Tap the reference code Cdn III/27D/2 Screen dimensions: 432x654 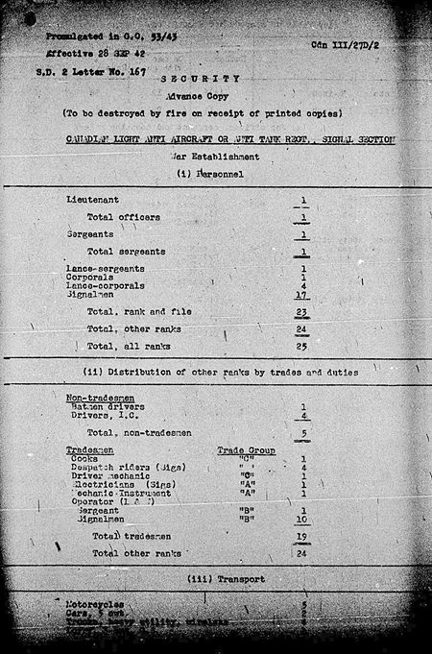(x=347, y=45)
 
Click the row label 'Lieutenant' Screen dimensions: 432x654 (x=92, y=199)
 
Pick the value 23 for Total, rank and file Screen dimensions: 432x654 (x=302, y=312)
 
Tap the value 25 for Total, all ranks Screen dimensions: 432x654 (x=302, y=346)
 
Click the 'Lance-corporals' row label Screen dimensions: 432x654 (x=104, y=285)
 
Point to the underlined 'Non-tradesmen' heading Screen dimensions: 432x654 (x=100, y=398)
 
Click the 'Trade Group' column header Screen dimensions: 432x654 (x=246, y=449)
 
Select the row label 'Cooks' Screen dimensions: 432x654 (x=85, y=459)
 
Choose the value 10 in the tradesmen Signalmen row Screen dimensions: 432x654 (x=302, y=519)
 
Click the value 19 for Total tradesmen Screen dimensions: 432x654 (x=302, y=537)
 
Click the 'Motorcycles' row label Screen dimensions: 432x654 (x=94, y=605)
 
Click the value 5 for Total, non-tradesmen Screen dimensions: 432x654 (x=303, y=433)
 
